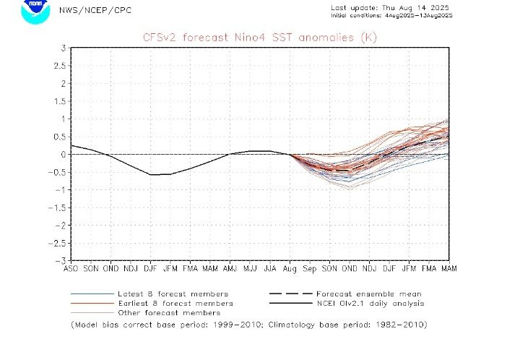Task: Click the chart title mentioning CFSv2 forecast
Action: coord(260,37)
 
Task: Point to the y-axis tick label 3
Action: coord(64,48)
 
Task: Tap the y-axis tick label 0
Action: coord(64,154)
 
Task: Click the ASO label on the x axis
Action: coord(71,268)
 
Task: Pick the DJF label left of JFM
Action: coord(150,268)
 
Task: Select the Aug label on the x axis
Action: coord(290,268)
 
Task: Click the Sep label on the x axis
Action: coord(310,268)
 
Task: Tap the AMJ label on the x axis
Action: coord(230,268)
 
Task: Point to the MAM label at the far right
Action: coord(448,268)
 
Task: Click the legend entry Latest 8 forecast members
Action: coord(173,294)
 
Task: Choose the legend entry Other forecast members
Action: coord(168,313)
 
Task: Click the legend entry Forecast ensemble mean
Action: coord(368,294)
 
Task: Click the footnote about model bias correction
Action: coord(248,325)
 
